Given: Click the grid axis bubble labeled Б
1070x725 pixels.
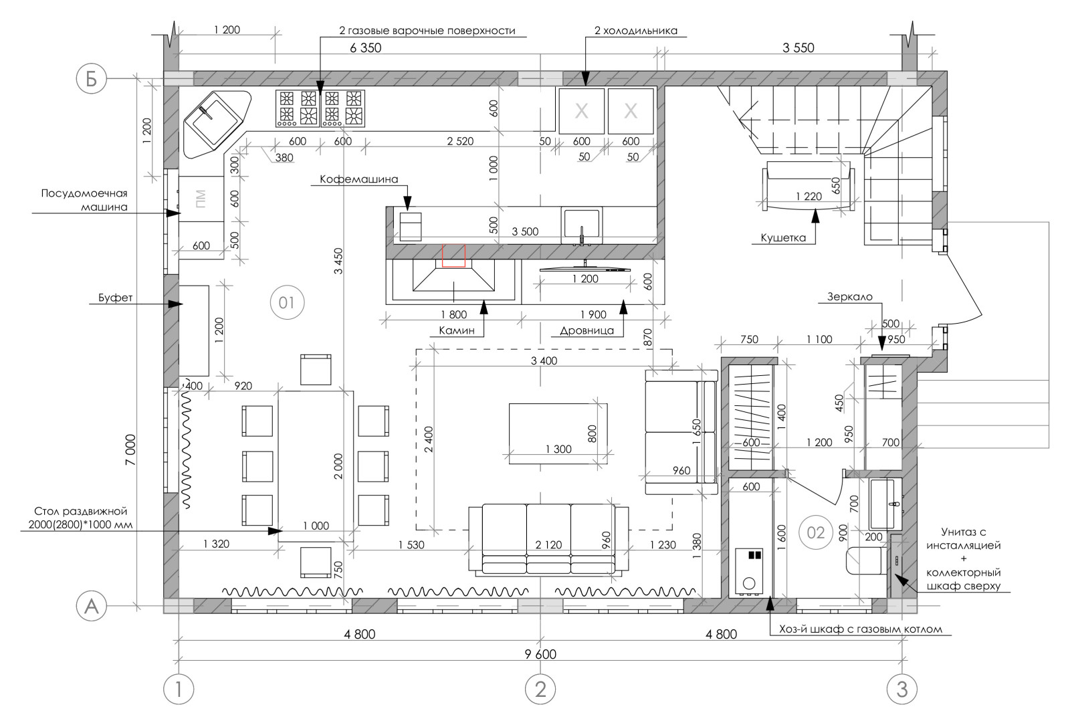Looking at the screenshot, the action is [x=91, y=79].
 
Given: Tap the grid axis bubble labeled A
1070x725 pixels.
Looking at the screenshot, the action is [x=91, y=606].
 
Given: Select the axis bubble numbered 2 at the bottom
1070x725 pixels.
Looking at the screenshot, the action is [x=540, y=689].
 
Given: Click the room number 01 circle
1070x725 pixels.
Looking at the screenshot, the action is [x=287, y=302].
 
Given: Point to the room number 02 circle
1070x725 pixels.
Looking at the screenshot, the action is [x=815, y=532].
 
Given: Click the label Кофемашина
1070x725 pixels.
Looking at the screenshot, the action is [x=358, y=179].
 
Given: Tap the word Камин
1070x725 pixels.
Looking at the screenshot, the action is [x=457, y=330].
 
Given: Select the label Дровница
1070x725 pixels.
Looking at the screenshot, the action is [x=586, y=330].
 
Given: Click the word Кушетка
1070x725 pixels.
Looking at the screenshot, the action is [x=783, y=237].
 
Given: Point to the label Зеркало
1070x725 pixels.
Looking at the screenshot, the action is [x=850, y=296].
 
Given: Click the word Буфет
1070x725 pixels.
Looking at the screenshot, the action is [x=115, y=298].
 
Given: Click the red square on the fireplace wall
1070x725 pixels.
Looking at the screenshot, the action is [x=453, y=255].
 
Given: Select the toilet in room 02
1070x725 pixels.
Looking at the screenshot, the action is [x=865, y=560].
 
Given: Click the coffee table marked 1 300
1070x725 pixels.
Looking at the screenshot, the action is [x=558, y=433].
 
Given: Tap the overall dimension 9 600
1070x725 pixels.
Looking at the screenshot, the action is [x=540, y=654].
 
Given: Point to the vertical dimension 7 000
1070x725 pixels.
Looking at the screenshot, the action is [x=130, y=449].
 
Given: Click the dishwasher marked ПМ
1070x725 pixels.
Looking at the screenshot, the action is [x=201, y=199].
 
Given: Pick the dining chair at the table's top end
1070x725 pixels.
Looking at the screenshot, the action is [x=316, y=370].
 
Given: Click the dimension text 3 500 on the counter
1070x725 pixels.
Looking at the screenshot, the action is [x=525, y=231].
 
